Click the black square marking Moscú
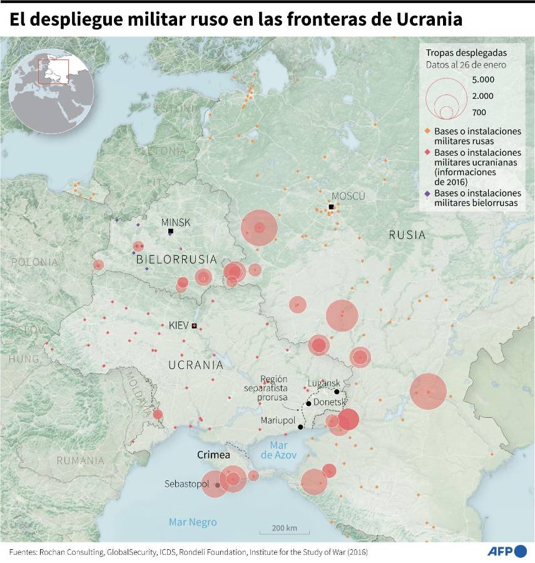point(331,207)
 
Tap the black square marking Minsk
point(170,231)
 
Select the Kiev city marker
point(194,325)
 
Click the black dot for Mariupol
point(300,427)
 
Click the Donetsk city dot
point(308,403)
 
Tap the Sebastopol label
point(186,484)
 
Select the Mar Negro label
point(193,522)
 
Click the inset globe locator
point(51,88)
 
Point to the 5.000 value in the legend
point(483,79)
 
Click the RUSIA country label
point(407,235)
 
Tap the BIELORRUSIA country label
point(176,259)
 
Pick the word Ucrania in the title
point(430,19)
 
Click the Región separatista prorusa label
point(267,388)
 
